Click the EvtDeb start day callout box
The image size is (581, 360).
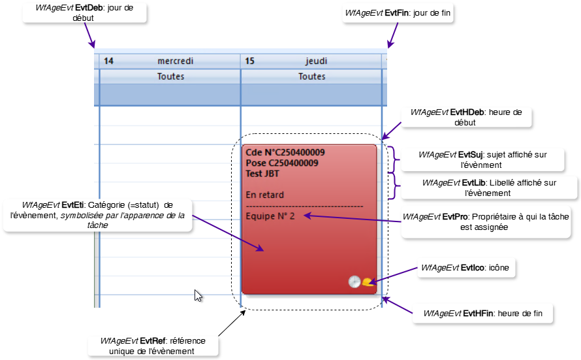[84, 13]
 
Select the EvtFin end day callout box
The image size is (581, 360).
[398, 13]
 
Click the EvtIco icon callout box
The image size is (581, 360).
[464, 268]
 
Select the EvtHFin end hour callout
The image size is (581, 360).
[482, 314]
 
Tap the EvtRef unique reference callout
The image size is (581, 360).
[153, 346]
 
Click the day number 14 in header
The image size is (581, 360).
[109, 61]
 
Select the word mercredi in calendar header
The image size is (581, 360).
[175, 61]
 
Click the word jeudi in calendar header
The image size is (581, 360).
[316, 61]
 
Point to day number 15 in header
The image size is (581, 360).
[249, 61]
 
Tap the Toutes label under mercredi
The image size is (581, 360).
[170, 76]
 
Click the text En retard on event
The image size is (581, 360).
[264, 195]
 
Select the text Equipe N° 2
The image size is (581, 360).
[270, 216]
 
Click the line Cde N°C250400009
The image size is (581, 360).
[285, 152]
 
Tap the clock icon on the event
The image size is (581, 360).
[354, 282]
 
